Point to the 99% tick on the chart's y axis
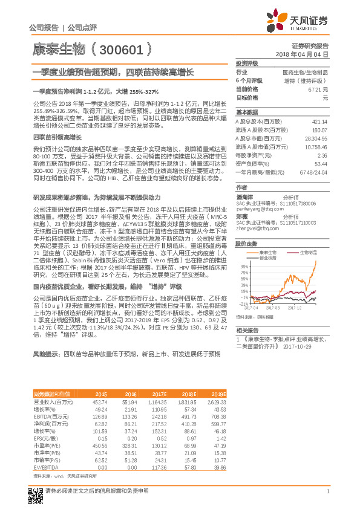(x=244, y=266)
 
